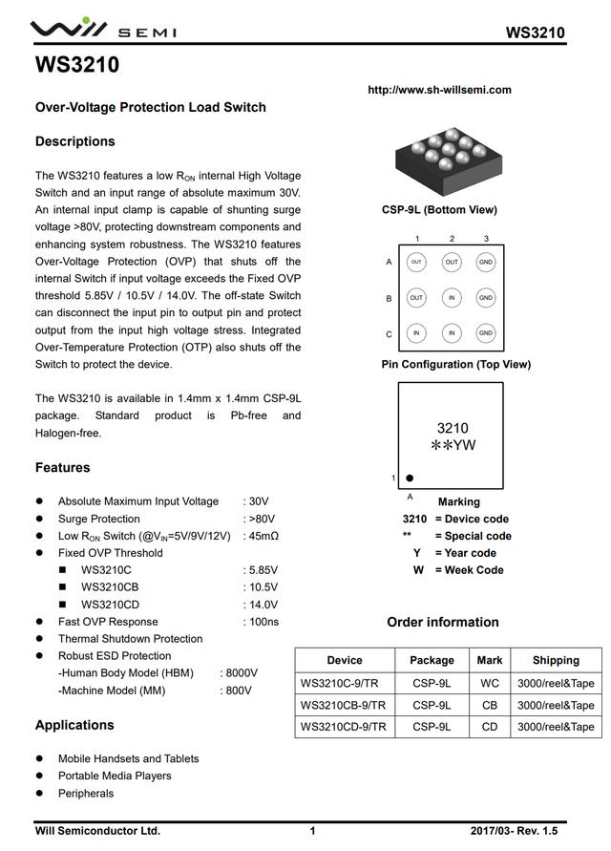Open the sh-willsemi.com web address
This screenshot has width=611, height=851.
439,90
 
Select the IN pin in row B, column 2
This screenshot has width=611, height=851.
452,298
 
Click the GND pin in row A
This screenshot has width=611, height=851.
486,262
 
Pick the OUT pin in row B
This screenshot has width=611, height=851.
416,298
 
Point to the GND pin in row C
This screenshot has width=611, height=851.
486,333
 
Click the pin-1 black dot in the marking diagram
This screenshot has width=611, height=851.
410,478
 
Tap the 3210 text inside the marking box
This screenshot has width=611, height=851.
453,428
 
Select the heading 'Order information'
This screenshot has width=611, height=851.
442,622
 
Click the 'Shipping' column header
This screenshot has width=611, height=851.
556,660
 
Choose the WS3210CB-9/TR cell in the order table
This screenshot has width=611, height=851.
344,705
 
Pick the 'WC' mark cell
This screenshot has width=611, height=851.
490,683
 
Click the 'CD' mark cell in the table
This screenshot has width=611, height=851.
490,727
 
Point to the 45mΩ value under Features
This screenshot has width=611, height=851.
263,536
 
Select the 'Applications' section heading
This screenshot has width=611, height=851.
74,725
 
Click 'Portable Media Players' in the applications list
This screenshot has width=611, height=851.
115,776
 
